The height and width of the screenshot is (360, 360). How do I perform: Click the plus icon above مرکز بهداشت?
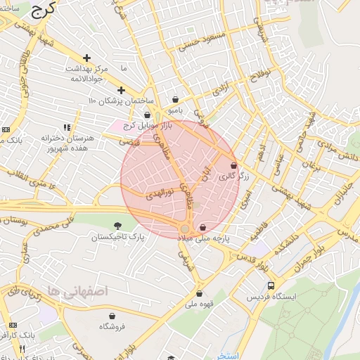[x=86, y=58]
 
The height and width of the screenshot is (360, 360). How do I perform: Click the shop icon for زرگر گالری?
[x=233, y=166]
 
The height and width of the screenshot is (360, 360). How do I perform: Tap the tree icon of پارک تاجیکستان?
[x=117, y=225]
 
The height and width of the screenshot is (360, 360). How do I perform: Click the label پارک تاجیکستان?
[x=117, y=238]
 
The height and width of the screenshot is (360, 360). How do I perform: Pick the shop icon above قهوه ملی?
[x=200, y=294]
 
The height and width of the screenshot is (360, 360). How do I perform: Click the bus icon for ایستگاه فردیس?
[x=271, y=286]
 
